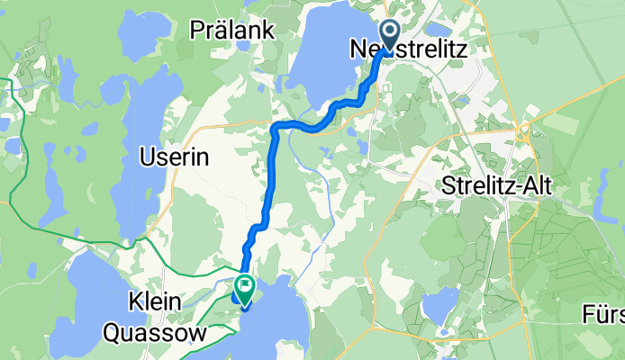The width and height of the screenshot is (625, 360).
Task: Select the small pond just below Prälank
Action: (x=243, y=45)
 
